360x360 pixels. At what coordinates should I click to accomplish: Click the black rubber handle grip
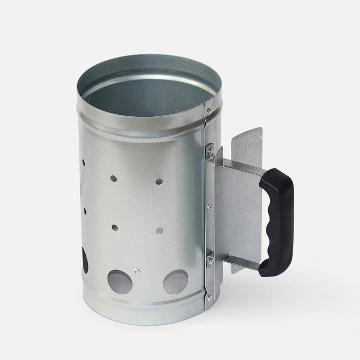click(280, 221)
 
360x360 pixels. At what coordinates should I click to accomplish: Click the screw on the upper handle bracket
click(210, 152)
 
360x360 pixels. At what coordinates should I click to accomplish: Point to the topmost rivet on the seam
click(208, 111)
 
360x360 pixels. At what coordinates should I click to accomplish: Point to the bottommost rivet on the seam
click(209, 297)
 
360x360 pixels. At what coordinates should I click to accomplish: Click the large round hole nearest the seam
click(175, 282)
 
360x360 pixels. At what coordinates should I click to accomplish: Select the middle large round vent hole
click(119, 281)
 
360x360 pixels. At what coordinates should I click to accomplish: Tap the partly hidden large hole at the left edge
click(84, 260)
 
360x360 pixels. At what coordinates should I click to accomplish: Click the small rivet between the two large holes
click(135, 272)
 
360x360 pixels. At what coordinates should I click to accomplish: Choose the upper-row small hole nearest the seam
click(159, 182)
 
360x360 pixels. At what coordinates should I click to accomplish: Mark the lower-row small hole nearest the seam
click(159, 230)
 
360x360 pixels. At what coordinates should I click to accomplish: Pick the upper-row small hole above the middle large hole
click(113, 178)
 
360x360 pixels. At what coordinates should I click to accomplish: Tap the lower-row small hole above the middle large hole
click(114, 227)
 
